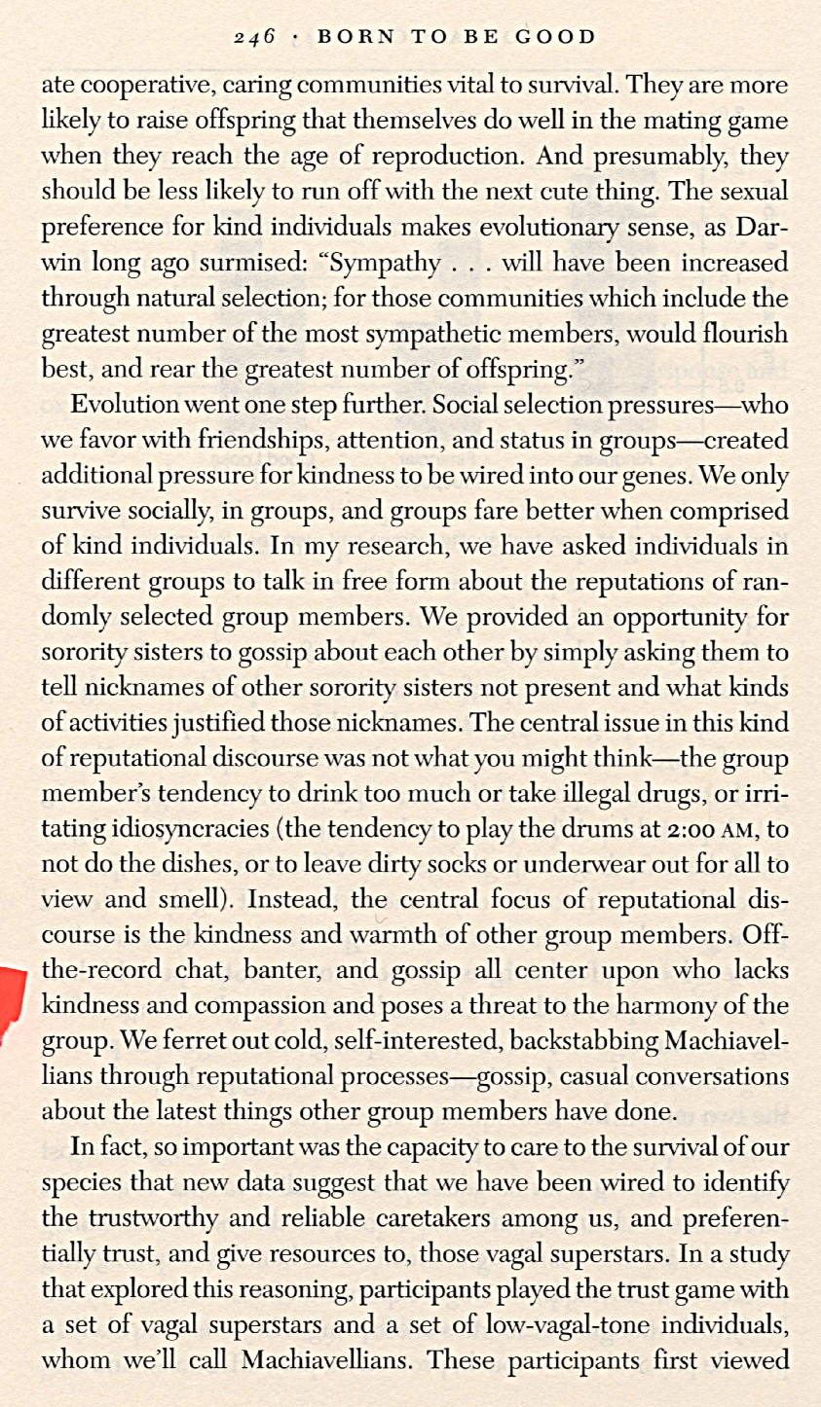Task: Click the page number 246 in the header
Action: pyautogui.click(x=256, y=38)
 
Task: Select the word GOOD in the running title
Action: pyautogui.click(x=554, y=38)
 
